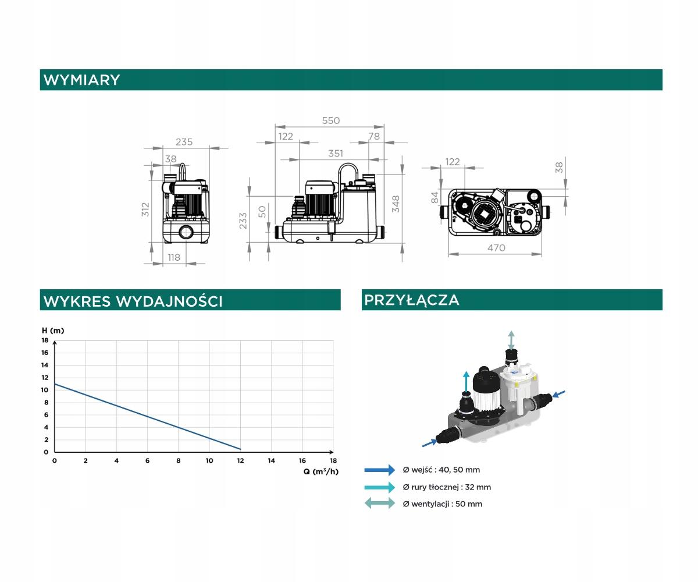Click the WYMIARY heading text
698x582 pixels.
(x=81, y=80)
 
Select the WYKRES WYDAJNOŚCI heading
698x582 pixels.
(x=133, y=301)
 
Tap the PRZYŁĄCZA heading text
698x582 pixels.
(x=411, y=300)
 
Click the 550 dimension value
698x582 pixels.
(x=330, y=120)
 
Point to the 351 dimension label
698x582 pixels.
(x=336, y=153)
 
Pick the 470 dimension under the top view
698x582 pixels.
(x=496, y=248)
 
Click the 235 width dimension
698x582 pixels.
(x=184, y=142)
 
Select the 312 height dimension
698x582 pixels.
(x=145, y=210)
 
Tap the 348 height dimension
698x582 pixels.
(x=396, y=204)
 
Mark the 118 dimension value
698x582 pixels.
(x=174, y=257)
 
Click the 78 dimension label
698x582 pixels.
(x=374, y=136)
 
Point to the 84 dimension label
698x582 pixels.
(x=435, y=197)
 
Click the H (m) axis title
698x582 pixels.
(x=53, y=331)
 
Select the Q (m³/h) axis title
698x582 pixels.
(x=321, y=471)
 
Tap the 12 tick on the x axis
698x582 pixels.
(x=240, y=460)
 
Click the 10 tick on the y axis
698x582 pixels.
(x=45, y=390)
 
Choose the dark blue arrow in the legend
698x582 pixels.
(x=380, y=470)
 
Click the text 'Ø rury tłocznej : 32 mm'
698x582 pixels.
(x=447, y=487)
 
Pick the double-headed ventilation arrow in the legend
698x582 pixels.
(x=380, y=503)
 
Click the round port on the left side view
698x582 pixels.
(x=186, y=232)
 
